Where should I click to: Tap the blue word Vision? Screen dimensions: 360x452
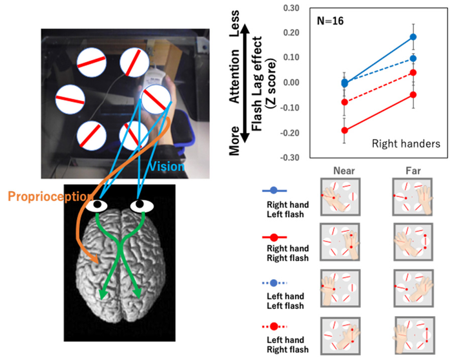166,167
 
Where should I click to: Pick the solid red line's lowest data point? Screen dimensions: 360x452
344,131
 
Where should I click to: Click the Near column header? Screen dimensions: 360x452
339,171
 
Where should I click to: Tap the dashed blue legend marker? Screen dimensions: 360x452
274,282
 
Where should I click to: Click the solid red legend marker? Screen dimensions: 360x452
274,238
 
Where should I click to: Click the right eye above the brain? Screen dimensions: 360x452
140,206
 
